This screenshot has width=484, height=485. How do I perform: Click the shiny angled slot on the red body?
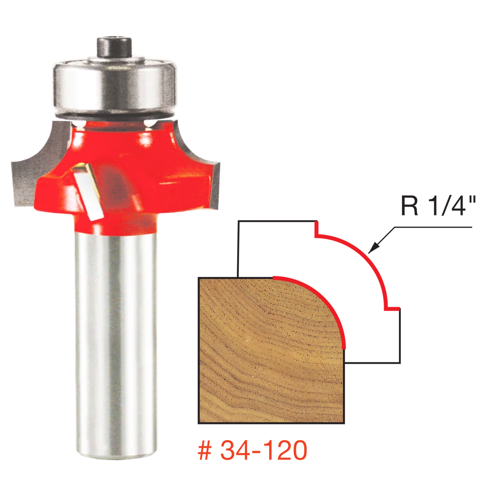click(89, 191)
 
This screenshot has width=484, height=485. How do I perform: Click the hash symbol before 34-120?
click(205, 450)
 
